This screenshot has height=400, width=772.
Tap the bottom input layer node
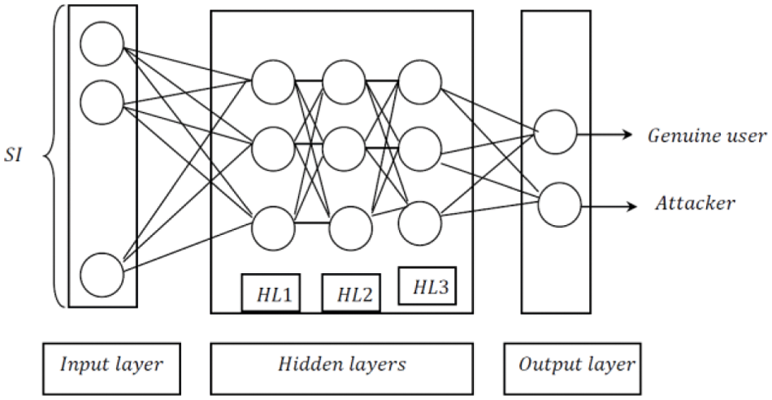pyautogui.click(x=102, y=272)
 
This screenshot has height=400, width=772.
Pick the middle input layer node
pyautogui.click(x=102, y=102)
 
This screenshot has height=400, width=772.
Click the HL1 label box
pyautogui.click(x=271, y=293)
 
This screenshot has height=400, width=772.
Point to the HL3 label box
pyautogui.click(x=427, y=287)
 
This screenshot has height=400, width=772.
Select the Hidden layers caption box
pyautogui.click(x=340, y=365)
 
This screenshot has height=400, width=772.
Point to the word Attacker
pyautogui.click(x=695, y=202)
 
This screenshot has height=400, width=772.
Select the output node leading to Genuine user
pyautogui.click(x=555, y=133)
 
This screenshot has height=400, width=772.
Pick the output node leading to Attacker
pyautogui.click(x=559, y=202)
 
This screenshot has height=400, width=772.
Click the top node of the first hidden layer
pyautogui.click(x=272, y=81)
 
